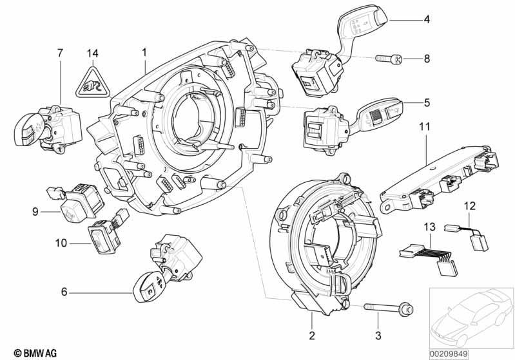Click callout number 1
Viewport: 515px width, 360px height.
coord(144,53)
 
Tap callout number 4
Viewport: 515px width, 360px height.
coord(426,19)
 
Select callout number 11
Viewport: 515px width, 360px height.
coord(423,127)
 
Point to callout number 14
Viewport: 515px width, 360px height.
coord(93,53)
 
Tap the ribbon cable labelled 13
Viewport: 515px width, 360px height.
coord(429,260)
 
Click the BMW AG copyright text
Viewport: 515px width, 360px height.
coord(35,353)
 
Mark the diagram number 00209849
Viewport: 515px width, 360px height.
coord(449,354)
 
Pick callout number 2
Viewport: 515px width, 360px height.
coord(312,336)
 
